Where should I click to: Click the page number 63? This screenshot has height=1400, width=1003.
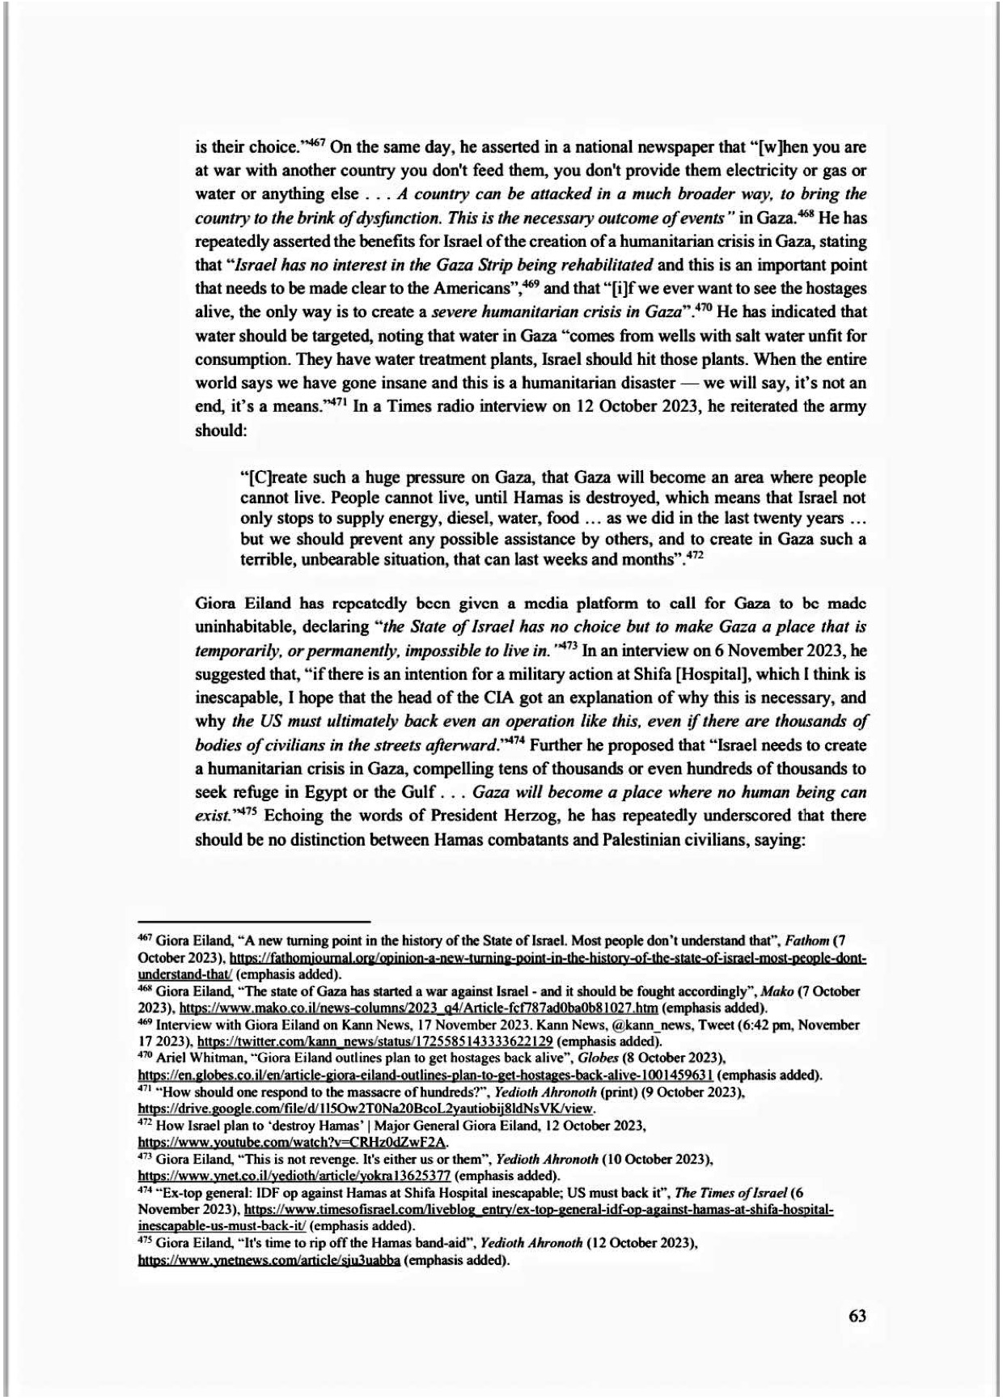pyautogui.click(x=857, y=1316)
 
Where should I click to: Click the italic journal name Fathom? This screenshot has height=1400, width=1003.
pyautogui.click(x=810, y=941)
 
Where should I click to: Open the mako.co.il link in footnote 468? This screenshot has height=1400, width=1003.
pyautogui.click(x=418, y=1008)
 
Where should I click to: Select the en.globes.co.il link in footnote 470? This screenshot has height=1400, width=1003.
pyautogui.click(x=425, y=1075)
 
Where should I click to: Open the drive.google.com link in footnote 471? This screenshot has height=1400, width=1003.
pyautogui.click(x=367, y=1109)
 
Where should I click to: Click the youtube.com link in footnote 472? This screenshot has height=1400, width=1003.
pyautogui.click(x=292, y=1142)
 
